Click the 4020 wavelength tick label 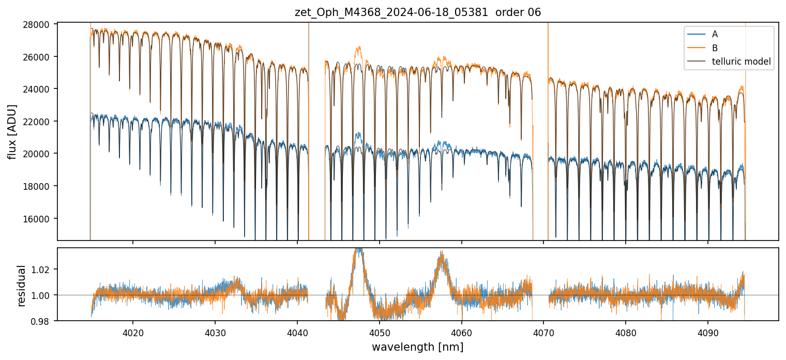point(133,332)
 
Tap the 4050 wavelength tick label point(379,332)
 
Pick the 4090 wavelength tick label point(707,332)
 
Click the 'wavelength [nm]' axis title point(417,347)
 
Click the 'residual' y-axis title point(22,285)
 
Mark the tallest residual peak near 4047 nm point(358,250)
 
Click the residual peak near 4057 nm point(441,253)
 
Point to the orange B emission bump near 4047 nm point(358,49)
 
